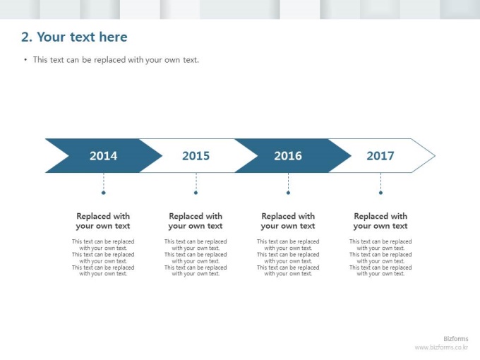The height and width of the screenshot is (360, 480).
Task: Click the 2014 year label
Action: [104, 156]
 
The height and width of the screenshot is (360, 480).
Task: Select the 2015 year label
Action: [196, 156]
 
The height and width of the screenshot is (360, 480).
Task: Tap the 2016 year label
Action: [288, 156]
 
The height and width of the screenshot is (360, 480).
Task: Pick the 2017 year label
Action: [380, 156]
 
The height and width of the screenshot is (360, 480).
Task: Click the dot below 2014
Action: [104, 193]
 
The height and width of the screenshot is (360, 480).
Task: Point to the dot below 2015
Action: [196, 193]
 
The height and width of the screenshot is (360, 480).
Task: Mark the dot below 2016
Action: [288, 193]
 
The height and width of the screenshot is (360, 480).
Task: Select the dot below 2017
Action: [380, 193]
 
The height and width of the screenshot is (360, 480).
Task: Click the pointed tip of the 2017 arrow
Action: [435, 156]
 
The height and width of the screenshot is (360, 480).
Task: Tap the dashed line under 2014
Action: [104, 182]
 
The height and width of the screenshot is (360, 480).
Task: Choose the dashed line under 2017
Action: [380, 182]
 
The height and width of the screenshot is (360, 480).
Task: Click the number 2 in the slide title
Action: [26, 37]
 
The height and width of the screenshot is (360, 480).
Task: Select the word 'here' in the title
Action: [113, 37]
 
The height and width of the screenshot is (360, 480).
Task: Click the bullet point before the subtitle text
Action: [25, 59]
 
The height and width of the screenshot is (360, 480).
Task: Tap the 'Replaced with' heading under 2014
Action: [103, 216]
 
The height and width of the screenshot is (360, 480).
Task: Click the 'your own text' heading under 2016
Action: [288, 226]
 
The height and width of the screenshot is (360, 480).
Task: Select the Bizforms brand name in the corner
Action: [456, 339]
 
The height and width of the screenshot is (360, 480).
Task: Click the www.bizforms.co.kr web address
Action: [441, 347]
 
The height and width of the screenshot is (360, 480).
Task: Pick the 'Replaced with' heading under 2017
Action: [380, 216]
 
